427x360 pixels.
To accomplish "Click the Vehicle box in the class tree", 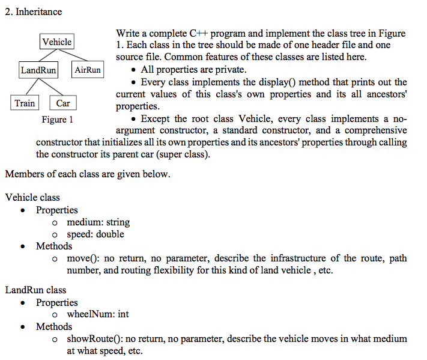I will pyautogui.click(x=57, y=42).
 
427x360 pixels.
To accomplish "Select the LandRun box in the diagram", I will pyautogui.click(x=38, y=70).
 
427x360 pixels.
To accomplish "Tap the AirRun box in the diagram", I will pyautogui.click(x=88, y=70).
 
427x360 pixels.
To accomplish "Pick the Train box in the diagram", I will pyautogui.click(x=25, y=103).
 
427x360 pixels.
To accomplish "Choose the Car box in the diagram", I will pyautogui.click(x=63, y=103).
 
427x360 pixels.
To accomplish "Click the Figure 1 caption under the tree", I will pyautogui.click(x=58, y=119).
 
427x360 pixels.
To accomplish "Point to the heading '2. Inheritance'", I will pyautogui.click(x=33, y=11).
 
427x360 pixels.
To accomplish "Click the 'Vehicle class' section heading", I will pyautogui.click(x=32, y=197).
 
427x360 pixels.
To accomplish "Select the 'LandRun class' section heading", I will pyautogui.click(x=35, y=290).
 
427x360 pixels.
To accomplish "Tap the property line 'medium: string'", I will pyautogui.click(x=98, y=222).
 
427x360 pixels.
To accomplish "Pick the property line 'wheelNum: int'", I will pyautogui.click(x=98, y=314).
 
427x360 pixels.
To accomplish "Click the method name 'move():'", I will pyautogui.click(x=83, y=258).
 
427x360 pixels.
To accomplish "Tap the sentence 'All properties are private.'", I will pyautogui.click(x=193, y=70).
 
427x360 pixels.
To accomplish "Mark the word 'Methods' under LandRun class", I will pyautogui.click(x=54, y=326).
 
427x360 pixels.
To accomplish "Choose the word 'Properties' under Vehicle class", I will pyautogui.click(x=57, y=210).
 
